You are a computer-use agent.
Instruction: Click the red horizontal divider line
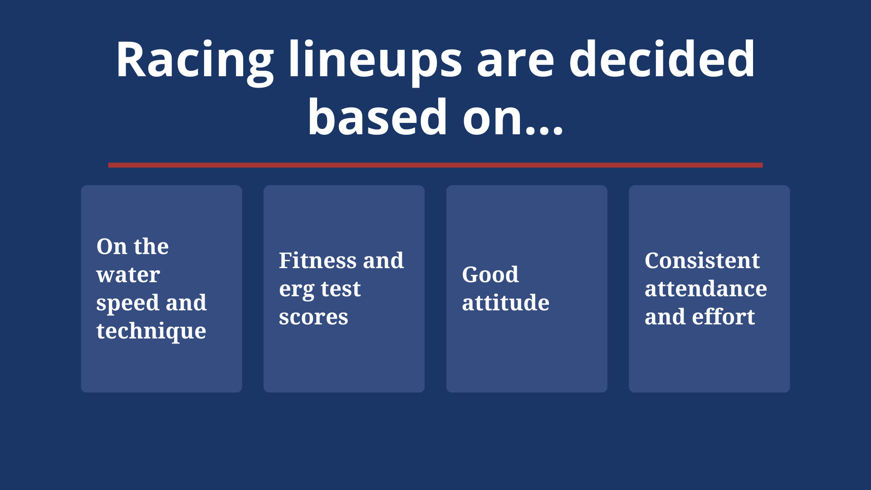(x=435, y=165)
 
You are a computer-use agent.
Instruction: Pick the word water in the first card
(x=128, y=274)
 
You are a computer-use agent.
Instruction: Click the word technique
(x=152, y=331)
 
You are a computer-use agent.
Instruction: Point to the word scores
(x=313, y=317)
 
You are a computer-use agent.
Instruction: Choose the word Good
(x=490, y=274)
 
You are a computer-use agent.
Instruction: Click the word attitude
(x=506, y=303)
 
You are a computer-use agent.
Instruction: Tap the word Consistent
(x=702, y=260)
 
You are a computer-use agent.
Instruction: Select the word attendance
(x=706, y=289)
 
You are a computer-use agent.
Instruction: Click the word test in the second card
(x=341, y=289)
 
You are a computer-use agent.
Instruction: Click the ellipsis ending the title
(x=544, y=131)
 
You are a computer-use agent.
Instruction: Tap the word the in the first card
(x=151, y=246)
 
